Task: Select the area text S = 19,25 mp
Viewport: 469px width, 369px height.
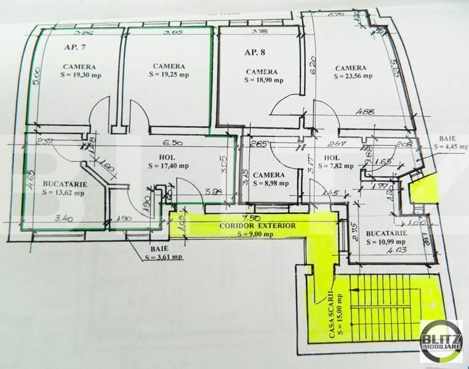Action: [x=169, y=74]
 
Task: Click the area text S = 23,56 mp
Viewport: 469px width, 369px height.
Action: [x=353, y=76]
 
